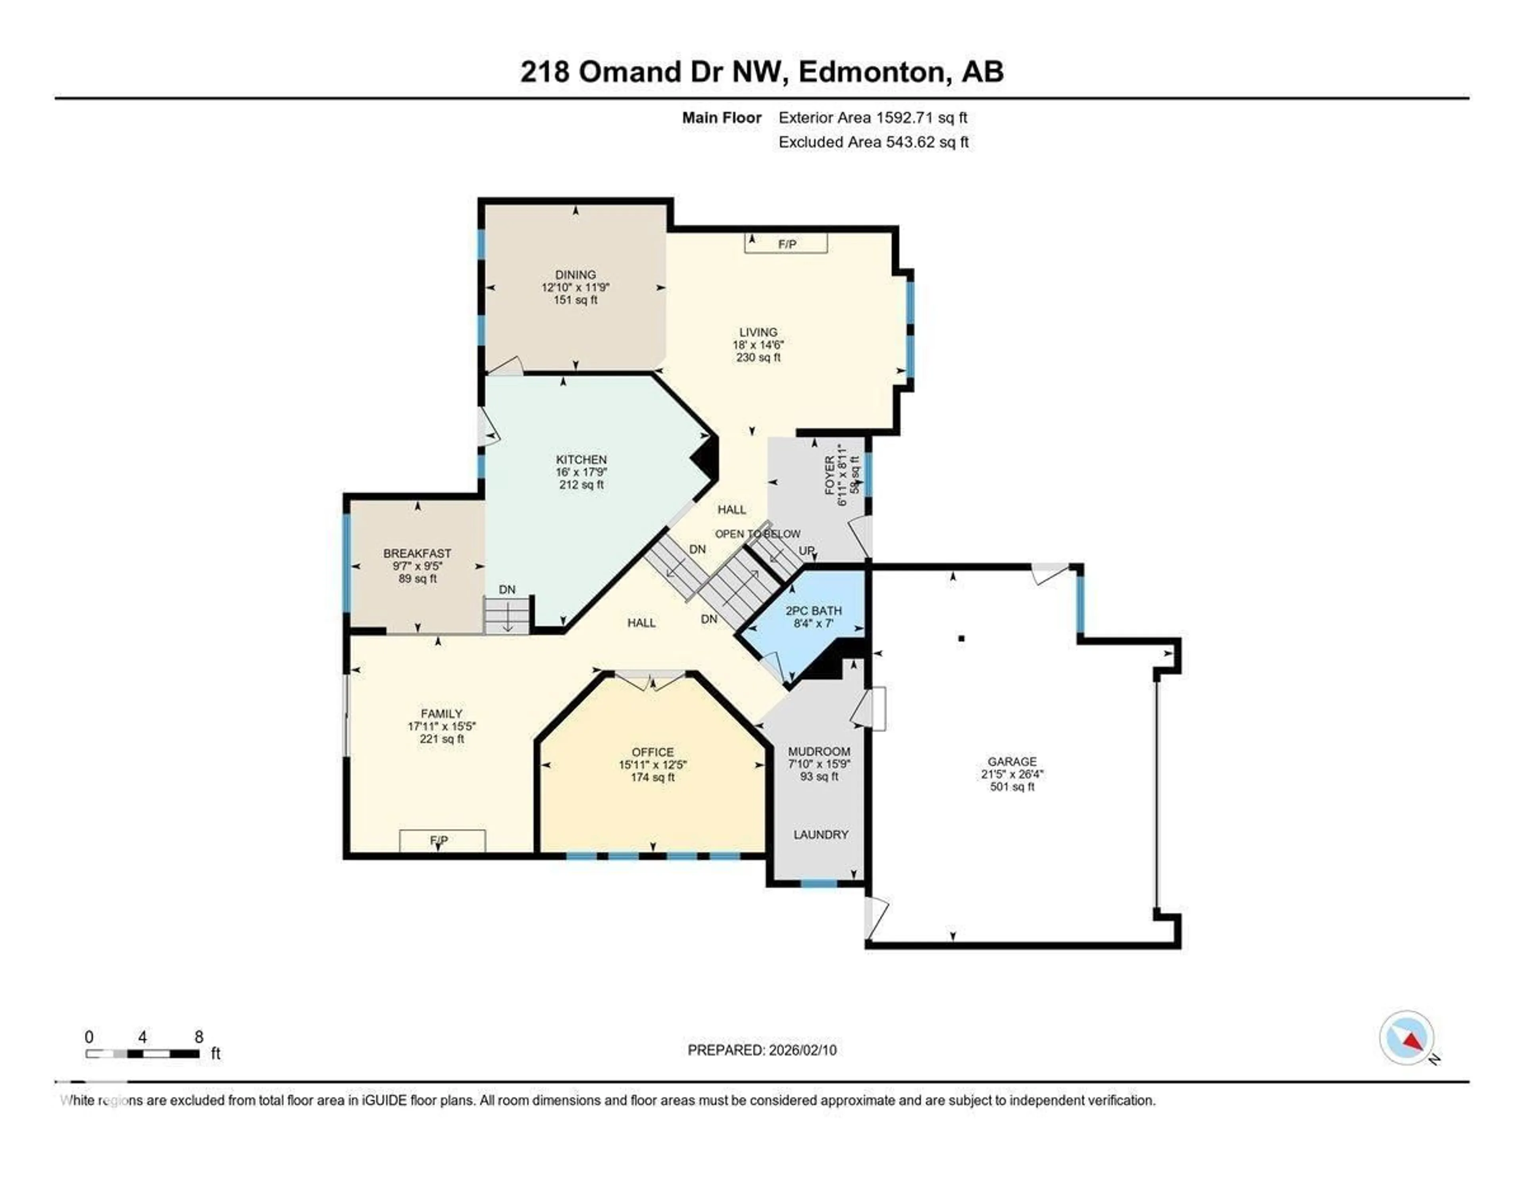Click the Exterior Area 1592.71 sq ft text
point(872,118)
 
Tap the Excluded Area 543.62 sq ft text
point(873,142)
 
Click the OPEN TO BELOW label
point(757,534)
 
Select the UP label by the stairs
point(806,550)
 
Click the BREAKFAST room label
point(417,553)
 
